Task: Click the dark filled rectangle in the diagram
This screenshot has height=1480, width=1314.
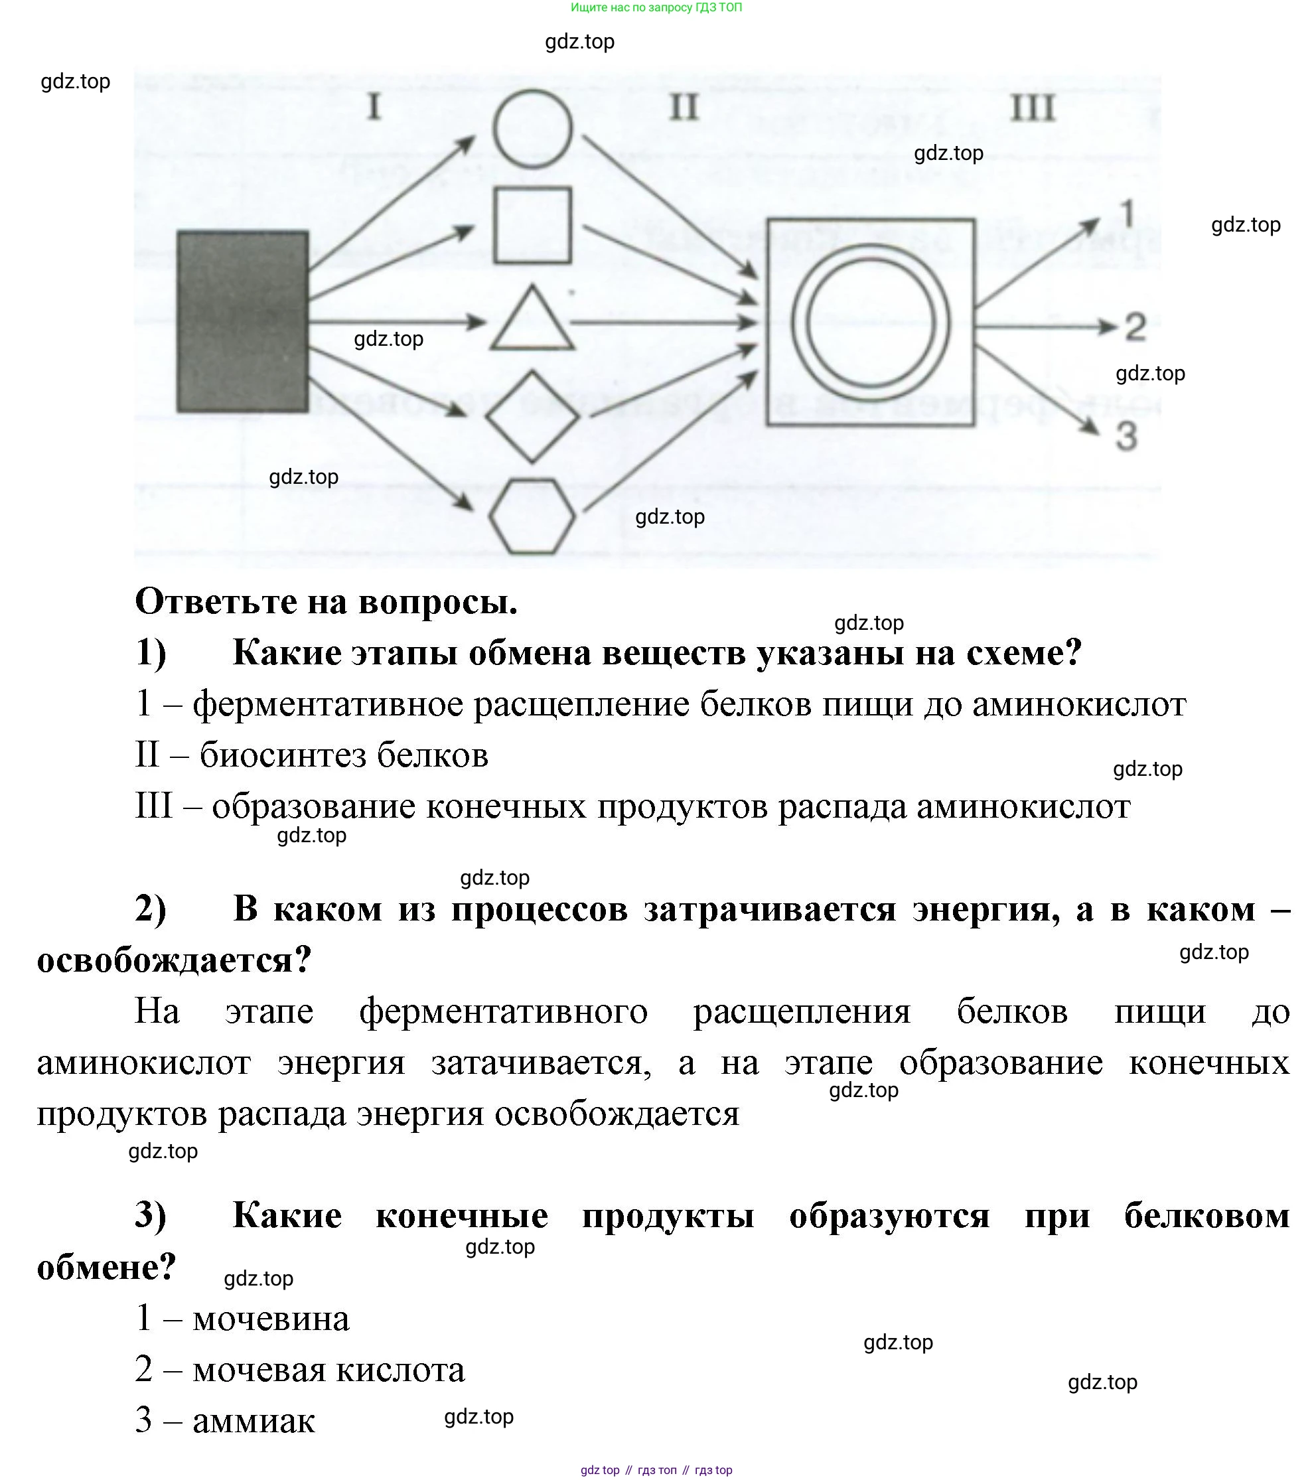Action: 242,321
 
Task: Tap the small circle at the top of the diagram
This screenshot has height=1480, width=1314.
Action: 533,129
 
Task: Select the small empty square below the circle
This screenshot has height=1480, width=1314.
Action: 532,225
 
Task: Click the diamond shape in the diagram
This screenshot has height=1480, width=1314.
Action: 532,417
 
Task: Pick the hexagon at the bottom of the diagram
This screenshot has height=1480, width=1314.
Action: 532,516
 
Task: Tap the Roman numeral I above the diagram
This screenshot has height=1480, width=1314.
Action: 374,107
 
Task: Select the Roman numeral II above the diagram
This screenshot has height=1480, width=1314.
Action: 684,107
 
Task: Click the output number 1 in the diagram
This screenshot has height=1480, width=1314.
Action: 1128,214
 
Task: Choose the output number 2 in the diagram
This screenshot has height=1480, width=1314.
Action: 1135,327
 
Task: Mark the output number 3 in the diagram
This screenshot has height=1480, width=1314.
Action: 1126,436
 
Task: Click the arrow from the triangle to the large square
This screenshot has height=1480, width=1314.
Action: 662,322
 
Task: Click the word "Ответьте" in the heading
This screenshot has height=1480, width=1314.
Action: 215,601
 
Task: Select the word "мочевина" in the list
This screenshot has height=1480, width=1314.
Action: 271,1318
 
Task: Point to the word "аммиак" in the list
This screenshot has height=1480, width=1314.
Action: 254,1420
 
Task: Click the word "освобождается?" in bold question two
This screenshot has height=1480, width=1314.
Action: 175,960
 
